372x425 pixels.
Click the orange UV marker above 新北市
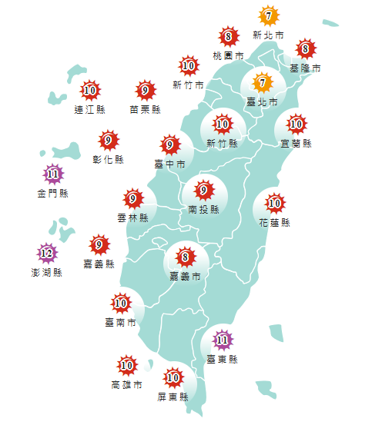click(268, 15)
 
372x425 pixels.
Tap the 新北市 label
click(268, 35)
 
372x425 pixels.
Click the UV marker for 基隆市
click(306, 50)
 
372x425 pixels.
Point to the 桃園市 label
click(228, 56)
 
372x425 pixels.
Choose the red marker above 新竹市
click(188, 66)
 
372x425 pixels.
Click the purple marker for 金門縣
click(52, 174)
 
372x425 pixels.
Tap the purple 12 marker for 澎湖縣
click(47, 253)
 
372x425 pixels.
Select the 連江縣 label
click(90, 110)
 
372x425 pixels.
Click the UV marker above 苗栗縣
click(145, 91)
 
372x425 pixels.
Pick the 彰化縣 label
click(108, 159)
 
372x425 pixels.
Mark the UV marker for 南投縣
click(204, 189)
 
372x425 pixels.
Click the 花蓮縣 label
click(275, 223)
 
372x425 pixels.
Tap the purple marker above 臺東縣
click(223, 339)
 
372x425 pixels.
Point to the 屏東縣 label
click(173, 397)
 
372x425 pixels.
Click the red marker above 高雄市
click(126, 365)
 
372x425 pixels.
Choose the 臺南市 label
click(121, 321)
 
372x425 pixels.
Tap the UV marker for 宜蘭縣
click(297, 123)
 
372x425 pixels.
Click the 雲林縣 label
click(133, 218)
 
